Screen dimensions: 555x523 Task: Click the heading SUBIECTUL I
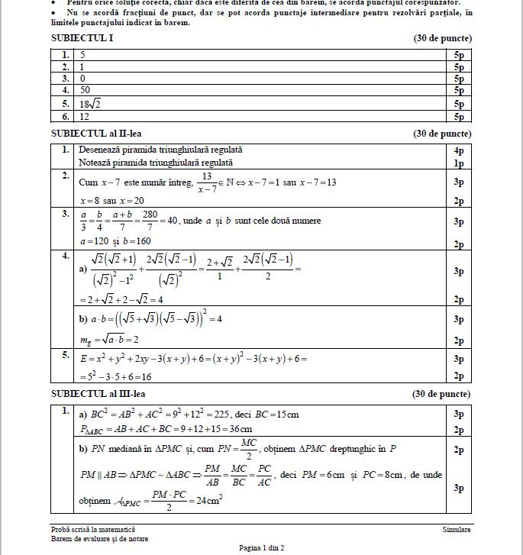(82, 38)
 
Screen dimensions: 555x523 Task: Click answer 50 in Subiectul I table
(86, 89)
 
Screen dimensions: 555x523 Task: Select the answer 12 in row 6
(85, 117)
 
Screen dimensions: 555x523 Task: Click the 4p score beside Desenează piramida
(458, 150)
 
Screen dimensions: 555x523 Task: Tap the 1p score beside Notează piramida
(458, 163)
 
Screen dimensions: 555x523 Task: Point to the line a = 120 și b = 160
(115, 241)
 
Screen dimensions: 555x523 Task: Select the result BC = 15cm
(274, 415)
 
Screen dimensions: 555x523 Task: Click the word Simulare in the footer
(456, 529)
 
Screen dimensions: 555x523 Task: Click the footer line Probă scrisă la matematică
(92, 529)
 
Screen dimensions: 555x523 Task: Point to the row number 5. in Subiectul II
(66, 354)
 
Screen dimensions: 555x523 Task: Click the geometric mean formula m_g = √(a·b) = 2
(111, 338)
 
